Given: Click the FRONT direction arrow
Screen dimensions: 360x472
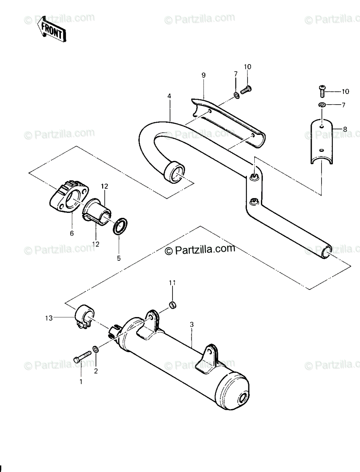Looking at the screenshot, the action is coord(51,29).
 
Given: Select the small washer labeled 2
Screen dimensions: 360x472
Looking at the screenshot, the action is coord(96,349).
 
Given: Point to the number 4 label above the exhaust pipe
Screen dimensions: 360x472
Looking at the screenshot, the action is coord(169,96).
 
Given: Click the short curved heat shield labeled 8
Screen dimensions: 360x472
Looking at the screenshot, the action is coord(321,142).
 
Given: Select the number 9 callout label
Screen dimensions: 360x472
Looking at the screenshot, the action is coord(204,75).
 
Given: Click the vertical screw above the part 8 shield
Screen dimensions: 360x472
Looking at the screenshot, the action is coord(321,91).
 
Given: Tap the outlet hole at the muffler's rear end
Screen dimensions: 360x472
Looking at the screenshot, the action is coord(242,399).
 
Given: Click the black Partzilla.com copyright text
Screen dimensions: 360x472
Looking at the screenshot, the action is coord(200,249).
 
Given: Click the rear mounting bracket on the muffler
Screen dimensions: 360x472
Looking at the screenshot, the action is coord(207,357).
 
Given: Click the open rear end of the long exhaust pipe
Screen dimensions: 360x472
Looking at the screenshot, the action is coord(327,252).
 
